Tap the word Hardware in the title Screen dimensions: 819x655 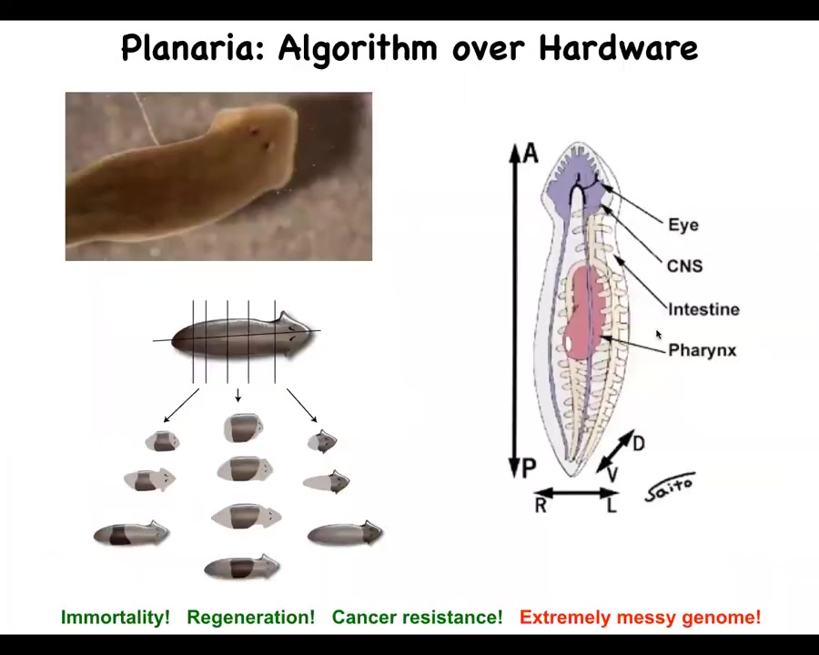(618, 47)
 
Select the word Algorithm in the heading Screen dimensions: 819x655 (358, 48)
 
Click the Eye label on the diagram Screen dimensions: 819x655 (683, 225)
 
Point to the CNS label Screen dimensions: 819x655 (684, 266)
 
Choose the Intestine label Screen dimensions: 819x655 (703, 309)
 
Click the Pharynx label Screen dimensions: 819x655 (702, 350)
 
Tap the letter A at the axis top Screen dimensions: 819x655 (531, 154)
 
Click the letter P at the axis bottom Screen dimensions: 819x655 (529, 468)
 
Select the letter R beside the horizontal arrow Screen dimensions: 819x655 (541, 505)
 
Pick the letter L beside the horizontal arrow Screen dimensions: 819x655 (612, 505)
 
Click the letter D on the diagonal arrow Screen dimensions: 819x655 (638, 443)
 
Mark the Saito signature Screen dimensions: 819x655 (670, 487)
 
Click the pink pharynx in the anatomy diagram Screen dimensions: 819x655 (583, 312)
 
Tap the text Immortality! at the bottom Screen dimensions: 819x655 (116, 618)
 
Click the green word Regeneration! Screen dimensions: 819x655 (251, 618)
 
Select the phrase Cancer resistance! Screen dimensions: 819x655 (417, 618)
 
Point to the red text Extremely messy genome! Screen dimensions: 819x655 (640, 618)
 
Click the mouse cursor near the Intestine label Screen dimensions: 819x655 (659, 335)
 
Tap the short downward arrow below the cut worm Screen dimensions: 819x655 (238, 395)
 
